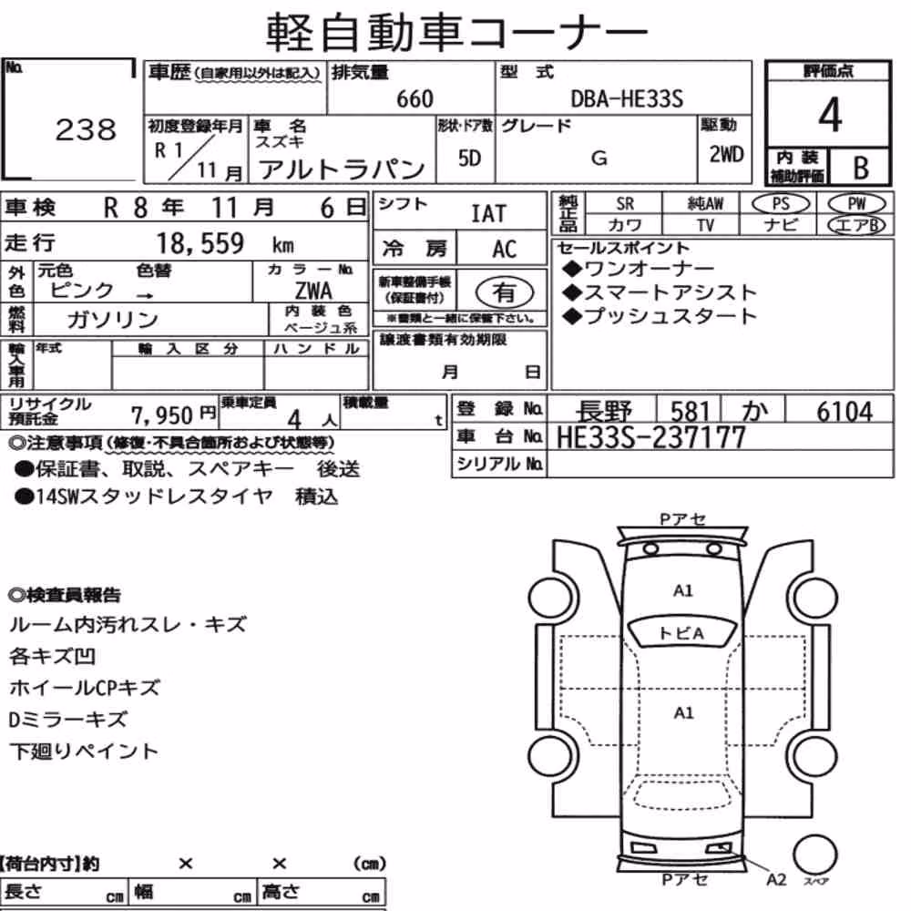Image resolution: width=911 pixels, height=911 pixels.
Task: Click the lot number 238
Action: tap(86, 129)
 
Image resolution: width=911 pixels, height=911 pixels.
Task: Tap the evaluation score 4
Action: tap(830, 115)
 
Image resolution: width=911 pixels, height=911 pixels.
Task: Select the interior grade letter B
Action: tap(861, 168)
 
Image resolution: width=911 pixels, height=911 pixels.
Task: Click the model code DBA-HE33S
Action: tap(627, 98)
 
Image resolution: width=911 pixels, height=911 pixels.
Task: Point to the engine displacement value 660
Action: tap(415, 98)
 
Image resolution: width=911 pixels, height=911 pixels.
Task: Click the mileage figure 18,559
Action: tap(200, 243)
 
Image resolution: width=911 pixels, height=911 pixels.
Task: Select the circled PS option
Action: tap(781, 203)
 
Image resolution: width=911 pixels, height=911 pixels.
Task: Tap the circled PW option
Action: tap(856, 203)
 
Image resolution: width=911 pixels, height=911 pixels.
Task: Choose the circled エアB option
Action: tap(856, 225)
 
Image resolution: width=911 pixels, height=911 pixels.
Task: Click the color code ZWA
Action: tap(313, 291)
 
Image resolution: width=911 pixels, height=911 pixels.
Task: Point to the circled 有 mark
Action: tap(504, 292)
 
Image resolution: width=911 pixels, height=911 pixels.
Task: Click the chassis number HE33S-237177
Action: tap(650, 437)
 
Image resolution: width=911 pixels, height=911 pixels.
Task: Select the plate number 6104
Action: tap(844, 412)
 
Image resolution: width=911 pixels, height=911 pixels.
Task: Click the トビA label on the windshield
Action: tap(681, 633)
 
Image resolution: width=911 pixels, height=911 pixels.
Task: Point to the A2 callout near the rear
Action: tap(776, 880)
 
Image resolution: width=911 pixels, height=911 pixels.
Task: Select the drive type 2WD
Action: tap(726, 154)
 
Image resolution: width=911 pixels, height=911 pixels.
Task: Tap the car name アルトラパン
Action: tap(342, 169)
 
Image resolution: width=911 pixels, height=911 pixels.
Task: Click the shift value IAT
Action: tap(488, 214)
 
